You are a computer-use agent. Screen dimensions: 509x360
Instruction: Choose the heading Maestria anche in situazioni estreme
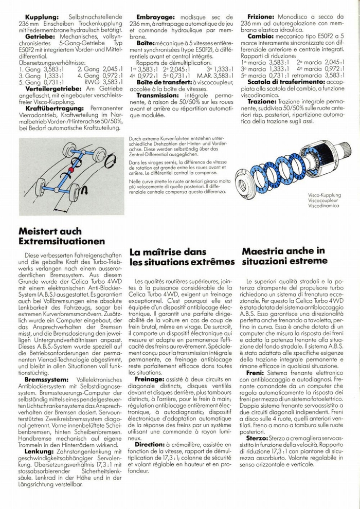284,256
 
